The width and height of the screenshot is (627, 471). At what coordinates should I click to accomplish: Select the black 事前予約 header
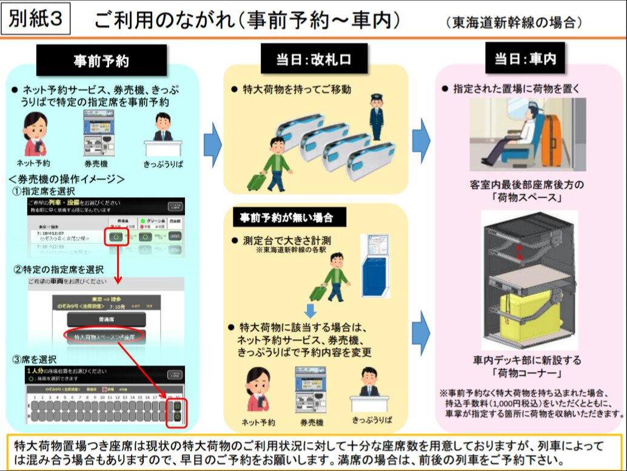101,61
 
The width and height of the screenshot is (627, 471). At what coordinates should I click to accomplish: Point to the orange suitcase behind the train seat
552,141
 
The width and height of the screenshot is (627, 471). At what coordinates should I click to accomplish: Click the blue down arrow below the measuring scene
310,311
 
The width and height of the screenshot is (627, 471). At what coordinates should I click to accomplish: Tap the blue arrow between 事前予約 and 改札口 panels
213,143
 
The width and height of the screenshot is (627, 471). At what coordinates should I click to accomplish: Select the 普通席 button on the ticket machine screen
106,319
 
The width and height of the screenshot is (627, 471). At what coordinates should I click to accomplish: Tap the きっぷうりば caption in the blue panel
162,163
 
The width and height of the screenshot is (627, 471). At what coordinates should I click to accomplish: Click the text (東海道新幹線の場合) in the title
514,22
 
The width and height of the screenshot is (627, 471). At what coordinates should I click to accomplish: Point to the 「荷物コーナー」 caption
526,373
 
